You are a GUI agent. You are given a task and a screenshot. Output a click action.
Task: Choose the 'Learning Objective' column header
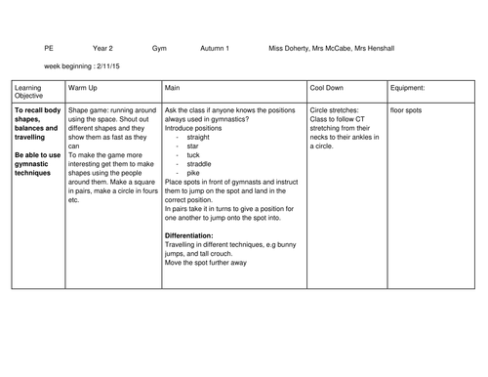pyautogui.click(x=30, y=92)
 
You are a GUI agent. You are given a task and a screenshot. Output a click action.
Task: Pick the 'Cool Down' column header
pyautogui.click(x=328, y=88)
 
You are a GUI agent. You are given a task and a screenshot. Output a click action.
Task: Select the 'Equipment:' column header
pyautogui.click(x=409, y=88)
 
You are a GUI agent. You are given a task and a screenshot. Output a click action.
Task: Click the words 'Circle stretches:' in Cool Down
pyautogui.click(x=337, y=110)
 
